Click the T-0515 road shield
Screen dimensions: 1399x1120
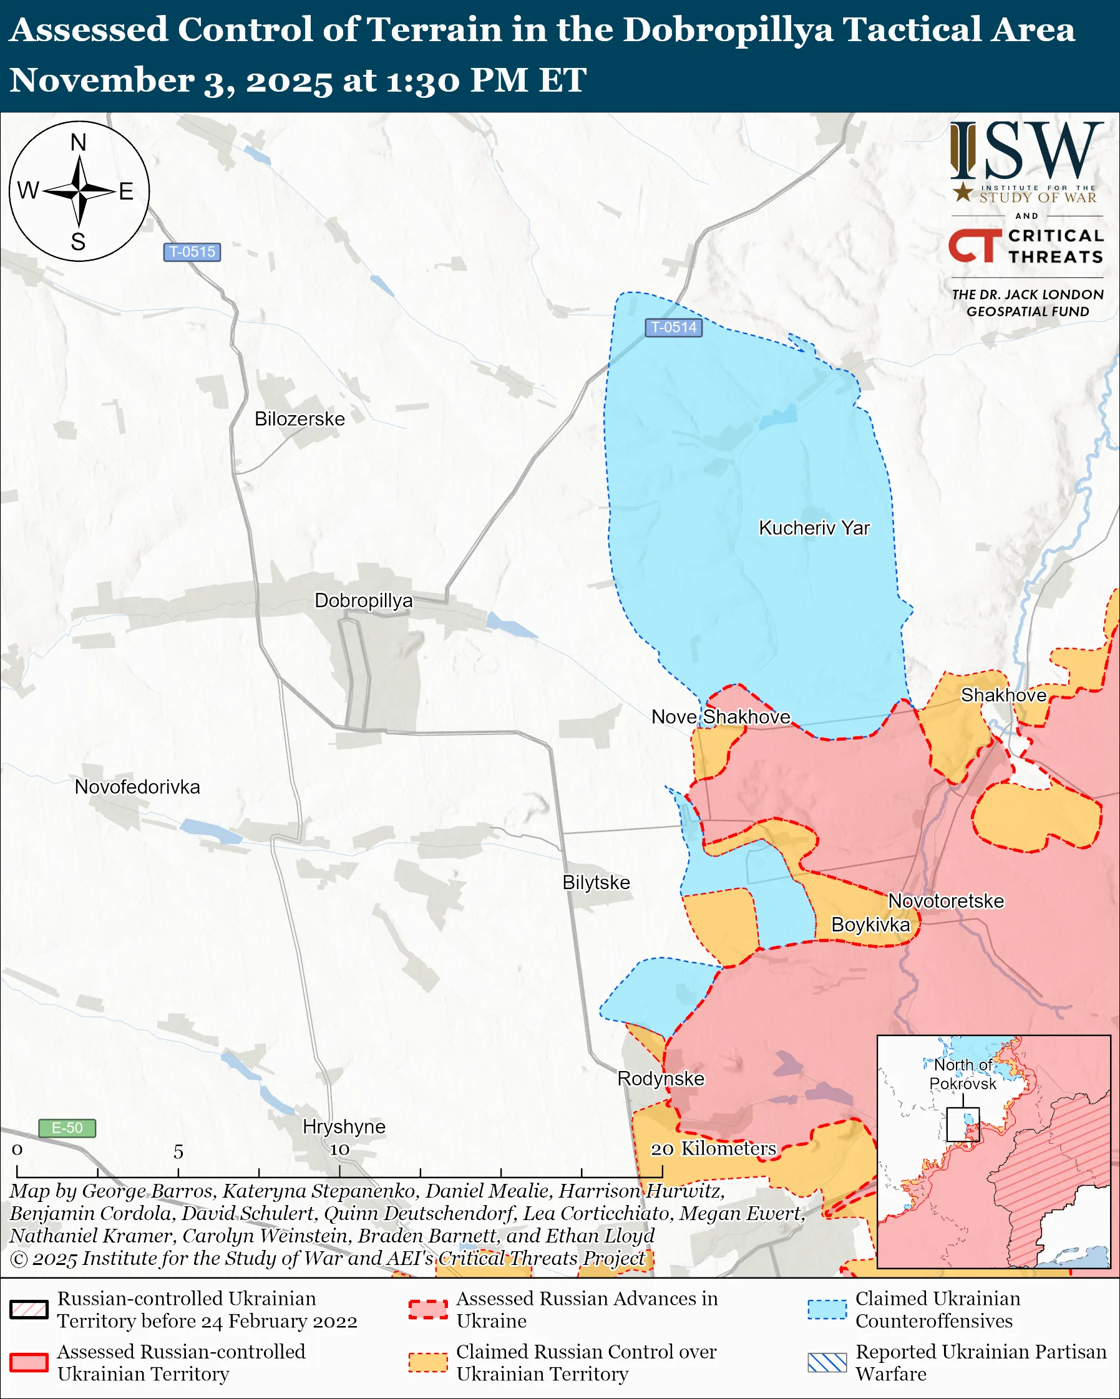pos(192,252)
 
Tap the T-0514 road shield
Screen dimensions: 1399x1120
pos(673,327)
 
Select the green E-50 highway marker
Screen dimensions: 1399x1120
pos(67,1128)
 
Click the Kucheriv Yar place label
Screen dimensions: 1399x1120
pos(814,528)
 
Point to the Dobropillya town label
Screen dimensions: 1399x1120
pos(363,601)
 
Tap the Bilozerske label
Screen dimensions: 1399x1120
pos(299,419)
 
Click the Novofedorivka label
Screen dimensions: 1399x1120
pos(137,787)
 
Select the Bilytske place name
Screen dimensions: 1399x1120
pos(596,883)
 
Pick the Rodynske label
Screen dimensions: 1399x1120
pos(660,1079)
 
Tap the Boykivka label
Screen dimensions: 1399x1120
pos(870,925)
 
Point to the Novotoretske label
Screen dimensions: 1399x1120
pos(945,901)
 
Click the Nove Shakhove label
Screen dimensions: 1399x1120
pos(721,717)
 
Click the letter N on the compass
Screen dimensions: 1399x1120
pos(79,143)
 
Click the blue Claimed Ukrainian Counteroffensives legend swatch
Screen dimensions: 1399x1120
pos(827,1310)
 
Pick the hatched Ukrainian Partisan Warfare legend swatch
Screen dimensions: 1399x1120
pos(827,1363)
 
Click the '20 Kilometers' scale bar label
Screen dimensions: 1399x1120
pos(713,1148)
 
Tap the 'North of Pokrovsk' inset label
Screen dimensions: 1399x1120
pos(962,1074)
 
